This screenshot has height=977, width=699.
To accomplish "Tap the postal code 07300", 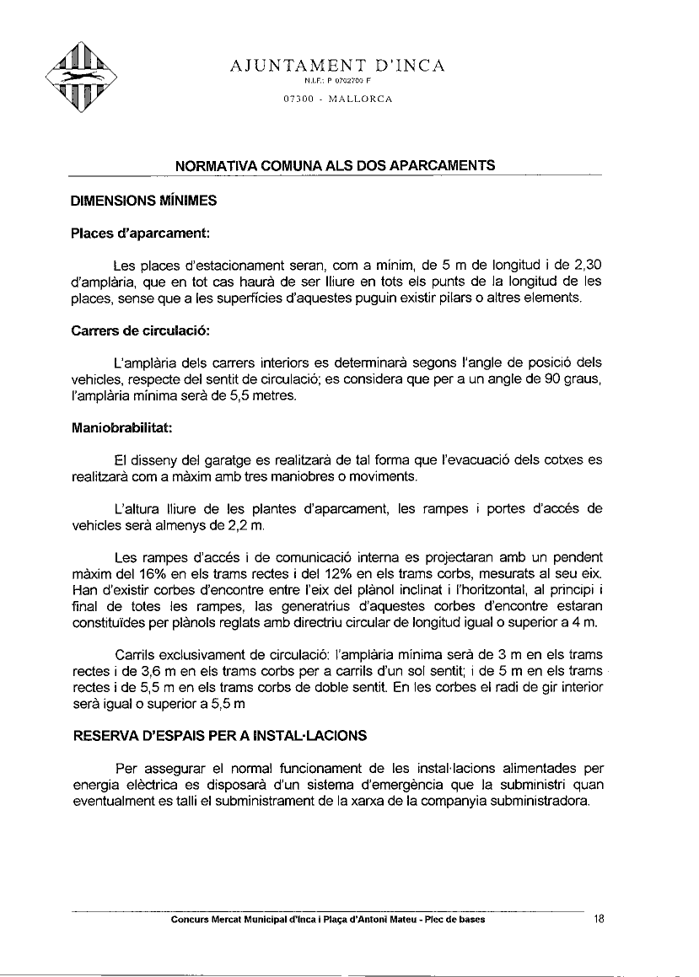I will [x=299, y=99].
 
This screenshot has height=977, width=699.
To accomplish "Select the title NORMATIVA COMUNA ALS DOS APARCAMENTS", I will [x=334, y=166].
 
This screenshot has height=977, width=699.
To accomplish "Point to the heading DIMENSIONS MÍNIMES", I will [x=143, y=201].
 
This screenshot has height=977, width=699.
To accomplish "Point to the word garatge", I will [x=229, y=460].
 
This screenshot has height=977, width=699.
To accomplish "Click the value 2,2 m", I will [x=245, y=525].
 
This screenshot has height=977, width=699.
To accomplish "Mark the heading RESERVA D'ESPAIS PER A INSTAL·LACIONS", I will [x=220, y=735].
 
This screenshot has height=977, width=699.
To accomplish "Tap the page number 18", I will [x=600, y=920].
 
